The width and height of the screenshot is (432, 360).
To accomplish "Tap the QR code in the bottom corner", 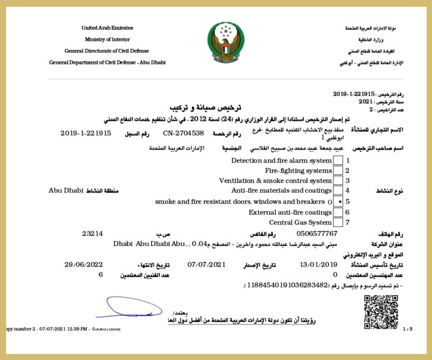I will tap(381, 312).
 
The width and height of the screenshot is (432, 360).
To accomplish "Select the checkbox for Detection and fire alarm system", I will tap(338, 160).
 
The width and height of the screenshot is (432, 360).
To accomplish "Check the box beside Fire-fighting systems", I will tap(338, 170).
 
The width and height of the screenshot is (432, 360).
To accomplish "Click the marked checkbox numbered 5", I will tap(338, 201).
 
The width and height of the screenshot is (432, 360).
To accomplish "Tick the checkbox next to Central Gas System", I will tap(338, 222).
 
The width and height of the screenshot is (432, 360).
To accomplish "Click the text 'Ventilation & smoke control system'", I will tap(275, 181).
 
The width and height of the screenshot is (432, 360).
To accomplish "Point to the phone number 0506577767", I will tap(316, 233).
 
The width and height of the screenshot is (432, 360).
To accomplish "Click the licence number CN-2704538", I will tap(183, 133).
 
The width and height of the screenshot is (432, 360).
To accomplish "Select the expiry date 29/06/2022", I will tap(84, 264).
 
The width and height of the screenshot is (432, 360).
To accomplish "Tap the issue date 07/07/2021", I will tap(206, 264).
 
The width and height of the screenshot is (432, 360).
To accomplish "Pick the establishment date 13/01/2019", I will tap(318, 264).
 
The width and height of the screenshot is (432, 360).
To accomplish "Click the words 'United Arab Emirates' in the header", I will tap(107, 28).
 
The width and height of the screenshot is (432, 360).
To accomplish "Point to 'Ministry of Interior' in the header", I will tap(107, 39).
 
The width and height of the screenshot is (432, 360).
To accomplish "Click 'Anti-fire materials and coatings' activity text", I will tap(281, 191).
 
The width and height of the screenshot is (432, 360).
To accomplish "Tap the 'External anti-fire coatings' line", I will tap(290, 212).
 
